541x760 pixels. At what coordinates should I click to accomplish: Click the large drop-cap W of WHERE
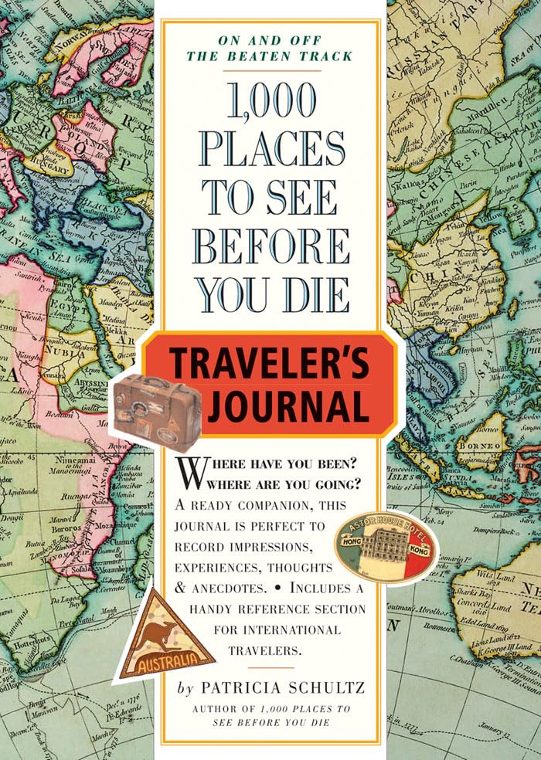pos(191,472)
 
